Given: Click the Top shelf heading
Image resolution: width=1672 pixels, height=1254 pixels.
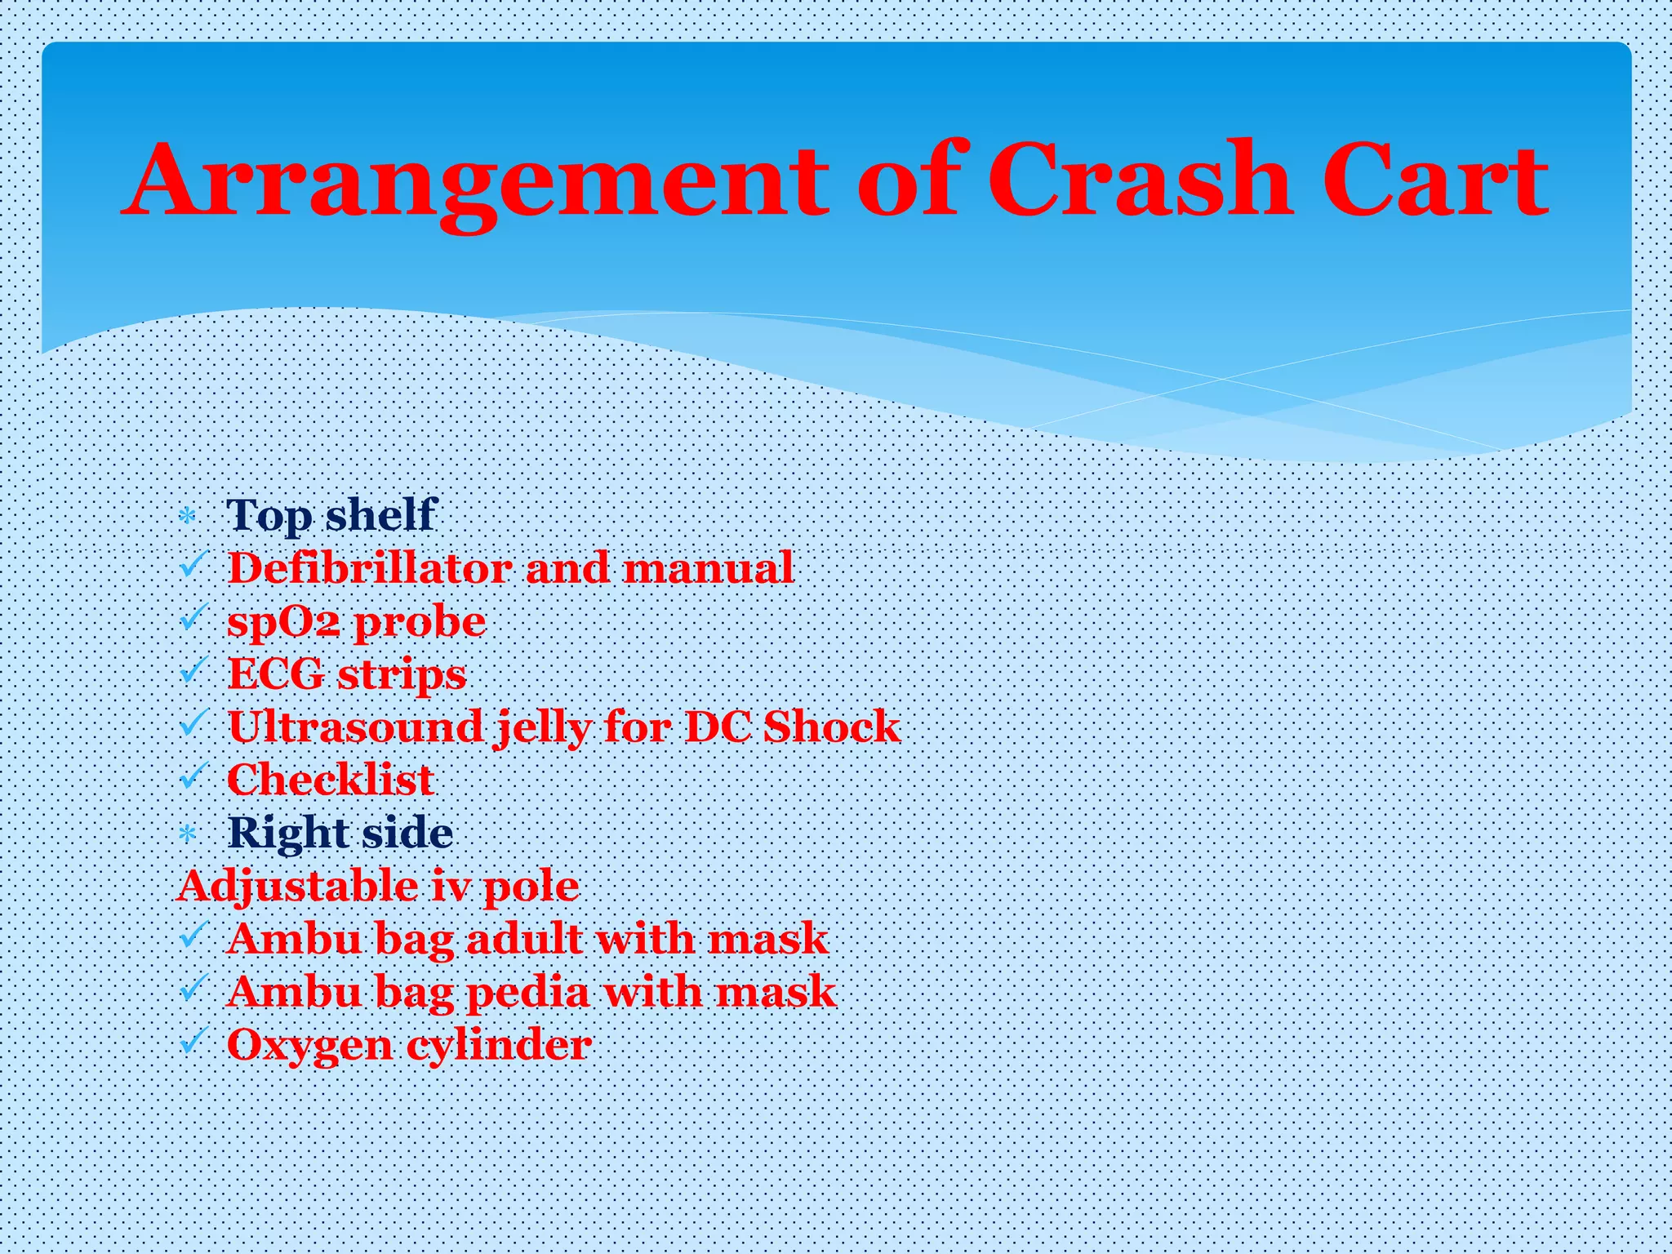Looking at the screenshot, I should (x=331, y=515).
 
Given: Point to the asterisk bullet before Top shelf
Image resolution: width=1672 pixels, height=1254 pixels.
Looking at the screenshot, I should (x=188, y=517).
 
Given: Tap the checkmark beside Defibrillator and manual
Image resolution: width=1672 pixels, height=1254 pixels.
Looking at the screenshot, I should (x=193, y=565).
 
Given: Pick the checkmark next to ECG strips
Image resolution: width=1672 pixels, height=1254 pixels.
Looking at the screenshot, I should (x=193, y=671).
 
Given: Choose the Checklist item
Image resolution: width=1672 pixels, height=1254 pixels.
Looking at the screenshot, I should (x=331, y=780).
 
